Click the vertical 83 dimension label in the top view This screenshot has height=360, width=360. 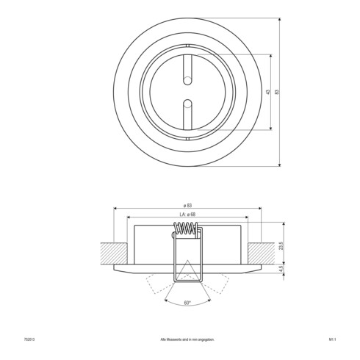277,92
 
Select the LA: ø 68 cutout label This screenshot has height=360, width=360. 188,215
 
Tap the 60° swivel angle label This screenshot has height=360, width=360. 188,302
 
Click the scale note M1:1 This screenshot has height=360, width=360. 333,339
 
